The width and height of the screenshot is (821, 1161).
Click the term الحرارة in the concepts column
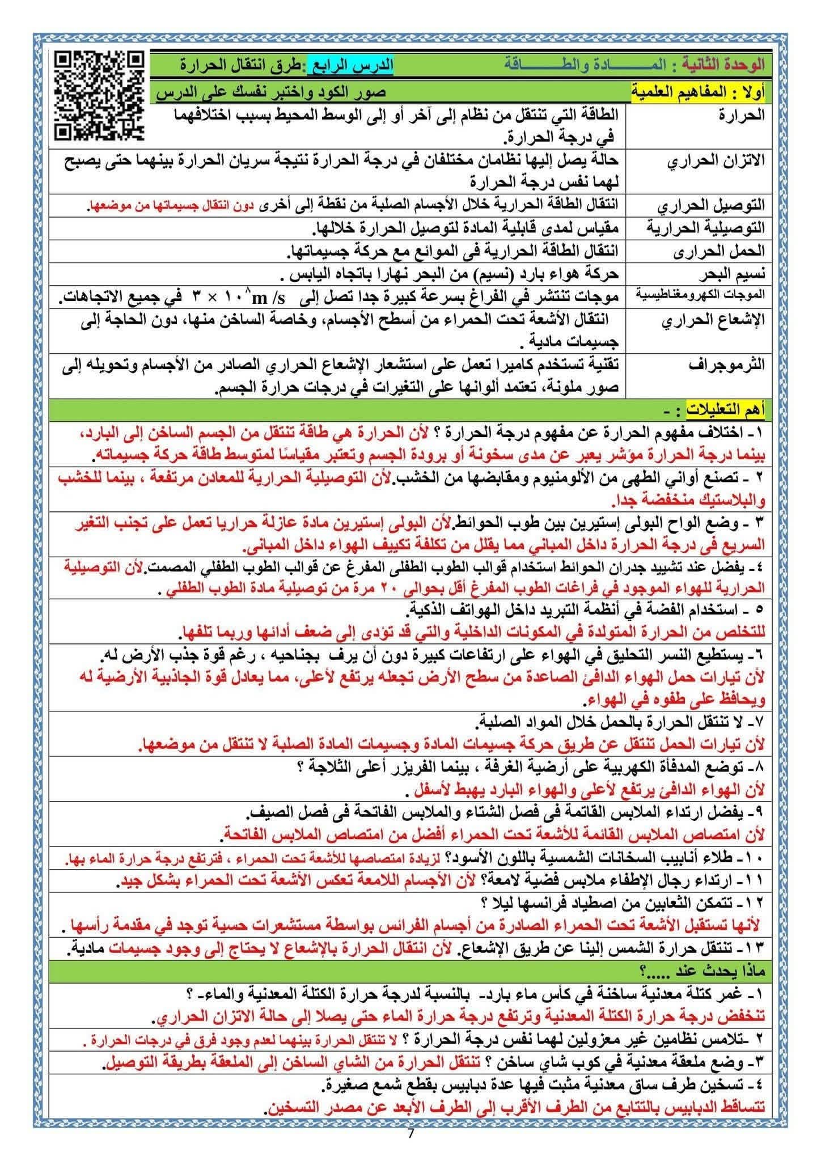(741, 116)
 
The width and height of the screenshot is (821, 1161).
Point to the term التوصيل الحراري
(711, 205)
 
